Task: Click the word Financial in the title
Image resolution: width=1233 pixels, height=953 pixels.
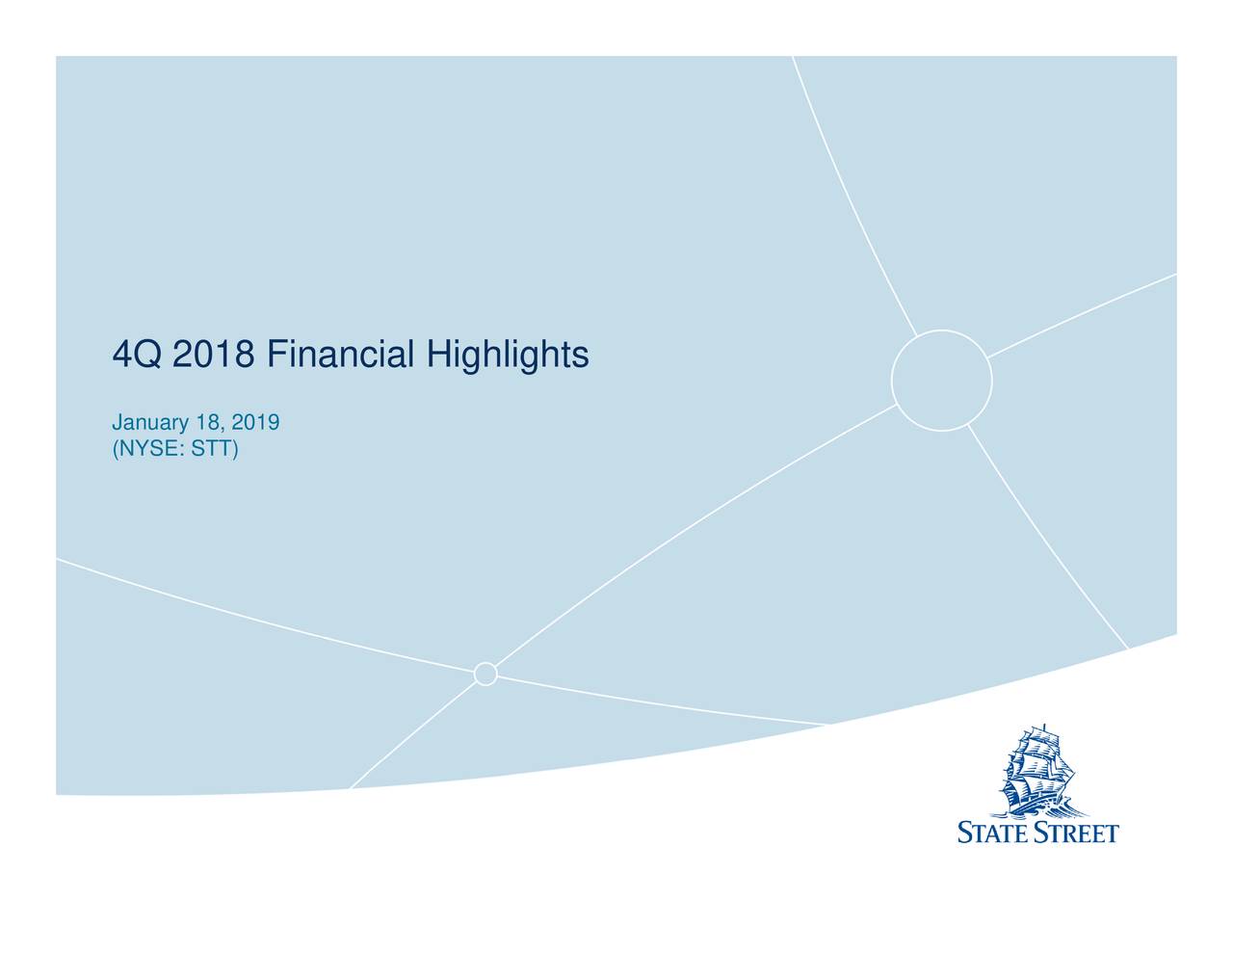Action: [x=341, y=356]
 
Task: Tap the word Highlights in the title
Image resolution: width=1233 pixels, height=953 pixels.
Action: [x=508, y=356]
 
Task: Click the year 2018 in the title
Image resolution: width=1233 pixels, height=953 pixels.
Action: [x=214, y=356]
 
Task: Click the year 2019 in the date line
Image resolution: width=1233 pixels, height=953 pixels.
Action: [x=259, y=423]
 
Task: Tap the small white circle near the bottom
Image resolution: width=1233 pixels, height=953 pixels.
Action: [x=485, y=674]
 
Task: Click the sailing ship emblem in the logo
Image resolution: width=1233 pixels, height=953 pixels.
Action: [x=1038, y=771]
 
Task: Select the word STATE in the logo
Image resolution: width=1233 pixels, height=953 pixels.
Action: [x=993, y=833]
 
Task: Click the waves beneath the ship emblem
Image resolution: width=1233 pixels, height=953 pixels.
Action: [x=1040, y=807]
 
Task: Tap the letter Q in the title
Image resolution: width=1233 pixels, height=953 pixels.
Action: [x=147, y=356]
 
